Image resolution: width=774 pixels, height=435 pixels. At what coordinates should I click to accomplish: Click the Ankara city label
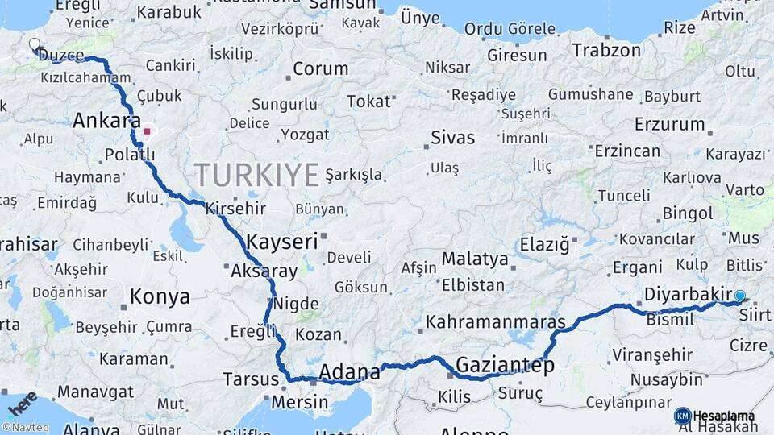(102, 121)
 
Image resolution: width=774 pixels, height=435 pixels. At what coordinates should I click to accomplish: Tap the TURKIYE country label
(256, 175)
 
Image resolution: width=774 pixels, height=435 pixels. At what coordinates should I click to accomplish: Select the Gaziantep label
(506, 366)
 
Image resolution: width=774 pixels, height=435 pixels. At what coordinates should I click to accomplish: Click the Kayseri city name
(281, 242)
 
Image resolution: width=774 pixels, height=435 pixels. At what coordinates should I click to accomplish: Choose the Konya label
(160, 296)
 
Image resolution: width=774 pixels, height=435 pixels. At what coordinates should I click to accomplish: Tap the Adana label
(349, 372)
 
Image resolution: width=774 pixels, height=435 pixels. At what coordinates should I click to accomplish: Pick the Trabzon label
(606, 50)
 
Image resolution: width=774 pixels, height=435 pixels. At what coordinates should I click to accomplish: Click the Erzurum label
(669, 124)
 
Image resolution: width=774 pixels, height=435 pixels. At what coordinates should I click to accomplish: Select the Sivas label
(453, 136)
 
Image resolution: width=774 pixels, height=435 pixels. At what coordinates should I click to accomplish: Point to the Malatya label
(475, 259)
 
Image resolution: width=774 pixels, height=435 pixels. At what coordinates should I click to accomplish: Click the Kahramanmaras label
(495, 322)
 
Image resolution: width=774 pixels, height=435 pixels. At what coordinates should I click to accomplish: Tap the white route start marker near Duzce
(35, 45)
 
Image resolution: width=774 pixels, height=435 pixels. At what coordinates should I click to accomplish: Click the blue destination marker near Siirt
(739, 296)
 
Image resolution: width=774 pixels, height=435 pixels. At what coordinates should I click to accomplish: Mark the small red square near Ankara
(147, 130)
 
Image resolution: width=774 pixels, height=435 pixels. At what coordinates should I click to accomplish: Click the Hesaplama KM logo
(714, 416)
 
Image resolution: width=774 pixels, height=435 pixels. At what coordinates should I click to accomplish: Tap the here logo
(21, 404)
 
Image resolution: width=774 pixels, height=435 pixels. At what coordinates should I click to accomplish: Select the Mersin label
(300, 402)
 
